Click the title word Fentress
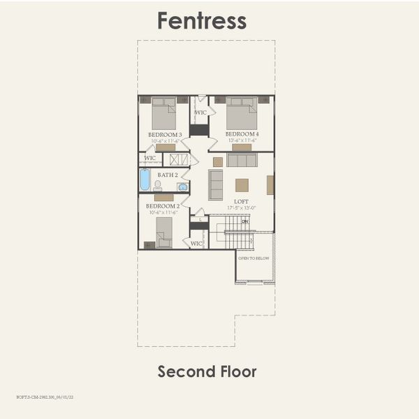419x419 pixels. (x=202, y=20)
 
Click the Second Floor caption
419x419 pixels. (x=207, y=372)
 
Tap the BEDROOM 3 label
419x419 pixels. (x=165, y=134)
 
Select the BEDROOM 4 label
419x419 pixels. (x=242, y=134)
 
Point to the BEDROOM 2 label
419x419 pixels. (x=163, y=206)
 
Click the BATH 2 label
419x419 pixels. (x=168, y=175)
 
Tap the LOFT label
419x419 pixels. (x=241, y=201)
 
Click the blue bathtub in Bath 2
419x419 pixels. (x=145, y=179)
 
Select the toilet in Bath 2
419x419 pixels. (x=158, y=186)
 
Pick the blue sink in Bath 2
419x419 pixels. (x=182, y=186)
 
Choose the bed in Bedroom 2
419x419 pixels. (x=164, y=232)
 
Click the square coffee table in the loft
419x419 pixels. (x=242, y=185)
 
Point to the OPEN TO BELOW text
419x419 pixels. (x=253, y=258)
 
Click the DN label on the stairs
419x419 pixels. (x=244, y=221)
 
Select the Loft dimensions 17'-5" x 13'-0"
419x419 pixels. (x=241, y=207)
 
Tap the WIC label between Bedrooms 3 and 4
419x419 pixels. (x=200, y=112)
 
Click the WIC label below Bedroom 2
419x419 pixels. (x=196, y=243)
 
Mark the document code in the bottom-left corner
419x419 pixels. (x=45, y=396)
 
